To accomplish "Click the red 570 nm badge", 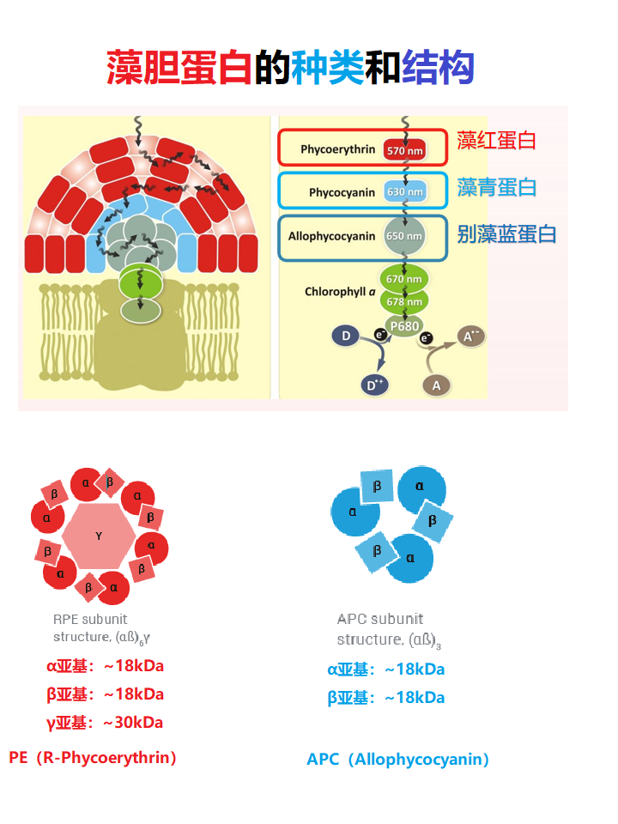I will coord(405,150).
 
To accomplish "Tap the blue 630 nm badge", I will coord(405,192).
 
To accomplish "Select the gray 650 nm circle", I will coord(405,236).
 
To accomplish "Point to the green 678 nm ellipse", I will coord(405,301).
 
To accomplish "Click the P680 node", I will coord(404,326).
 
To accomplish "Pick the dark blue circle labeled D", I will coord(346,336).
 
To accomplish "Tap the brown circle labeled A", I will coord(436,385).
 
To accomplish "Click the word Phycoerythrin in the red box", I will coord(337,149).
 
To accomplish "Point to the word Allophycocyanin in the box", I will coord(331,236).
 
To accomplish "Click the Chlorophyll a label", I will coord(340,292).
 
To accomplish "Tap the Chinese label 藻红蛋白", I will coord(496,141).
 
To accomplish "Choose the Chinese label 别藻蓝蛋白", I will coord(506,233).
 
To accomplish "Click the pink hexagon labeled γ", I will coord(99,536).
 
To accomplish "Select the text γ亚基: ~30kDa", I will coord(105,722).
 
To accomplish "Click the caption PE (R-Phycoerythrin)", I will coord(93,757).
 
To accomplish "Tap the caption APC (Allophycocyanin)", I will coord(398,760).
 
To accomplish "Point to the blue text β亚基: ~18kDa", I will coord(386,698).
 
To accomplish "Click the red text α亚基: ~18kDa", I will coord(105,666).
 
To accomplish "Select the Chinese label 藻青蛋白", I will coord(497,187).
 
